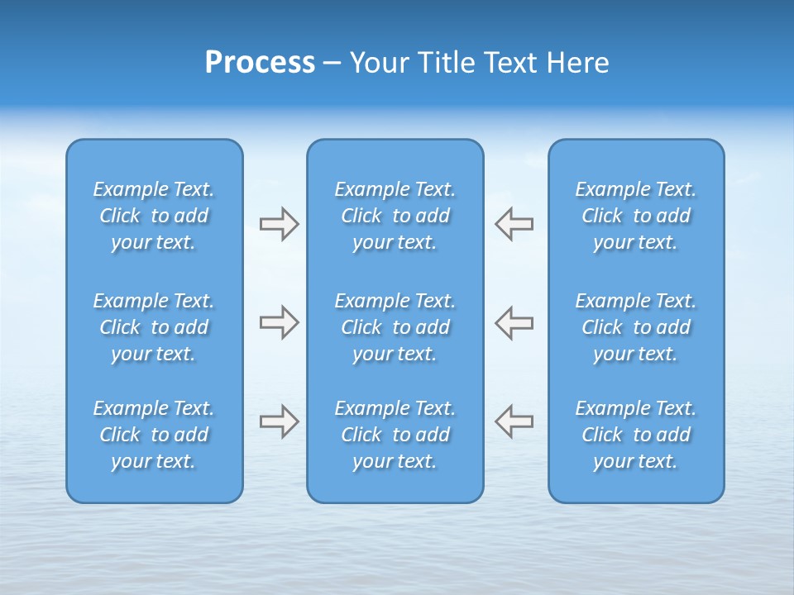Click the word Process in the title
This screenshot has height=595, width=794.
(x=260, y=63)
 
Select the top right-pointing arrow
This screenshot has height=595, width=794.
(x=279, y=224)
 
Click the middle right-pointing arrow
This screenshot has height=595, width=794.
(x=279, y=322)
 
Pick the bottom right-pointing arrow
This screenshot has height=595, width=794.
(x=279, y=421)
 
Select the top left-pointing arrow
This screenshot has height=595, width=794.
(x=514, y=224)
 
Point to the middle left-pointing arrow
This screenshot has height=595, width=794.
(x=514, y=322)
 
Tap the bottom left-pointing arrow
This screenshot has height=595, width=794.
(x=514, y=421)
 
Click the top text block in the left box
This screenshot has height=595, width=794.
(x=154, y=216)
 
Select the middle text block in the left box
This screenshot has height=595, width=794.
(x=154, y=327)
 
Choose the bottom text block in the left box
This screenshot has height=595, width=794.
(x=154, y=435)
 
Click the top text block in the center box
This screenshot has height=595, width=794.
(x=395, y=216)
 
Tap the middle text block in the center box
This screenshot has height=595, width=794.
(x=395, y=327)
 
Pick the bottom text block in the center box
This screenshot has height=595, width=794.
(x=395, y=435)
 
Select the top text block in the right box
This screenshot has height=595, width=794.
(x=635, y=216)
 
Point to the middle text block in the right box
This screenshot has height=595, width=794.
(x=635, y=327)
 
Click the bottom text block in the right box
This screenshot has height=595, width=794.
(x=635, y=435)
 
